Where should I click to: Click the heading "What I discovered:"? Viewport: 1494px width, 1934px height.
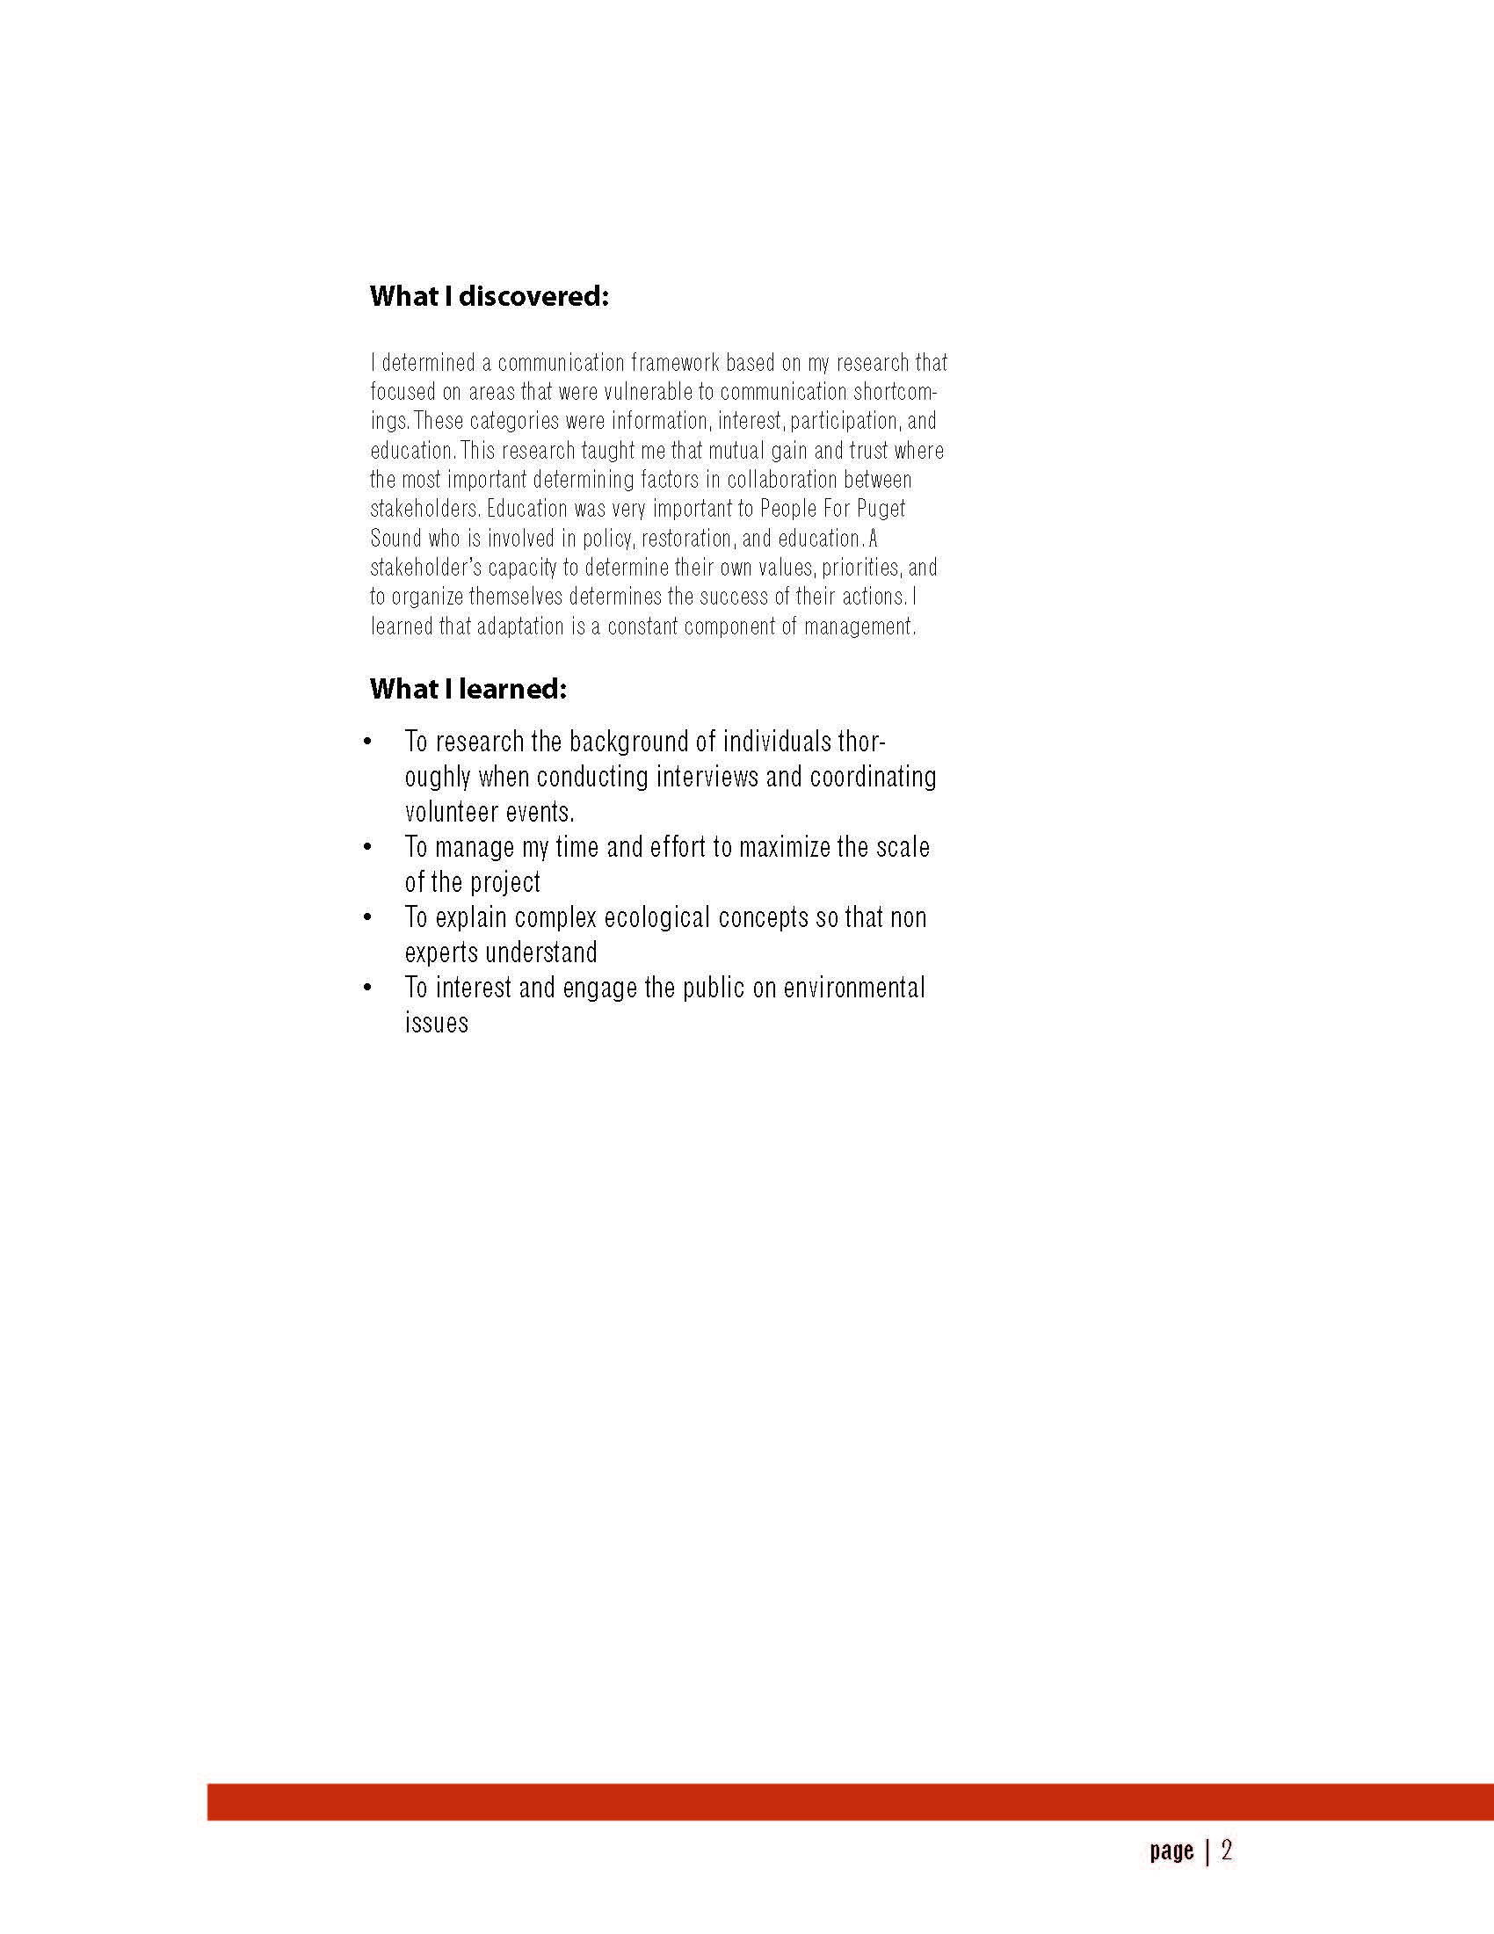(489, 296)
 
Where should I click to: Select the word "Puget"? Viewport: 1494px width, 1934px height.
(881, 509)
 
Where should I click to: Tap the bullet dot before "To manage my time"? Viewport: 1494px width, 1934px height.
(367, 847)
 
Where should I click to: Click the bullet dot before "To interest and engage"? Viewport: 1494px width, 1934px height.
(367, 988)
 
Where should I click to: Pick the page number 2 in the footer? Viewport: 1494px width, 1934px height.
(1227, 1850)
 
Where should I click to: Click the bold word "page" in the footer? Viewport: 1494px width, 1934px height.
(1171, 1851)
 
